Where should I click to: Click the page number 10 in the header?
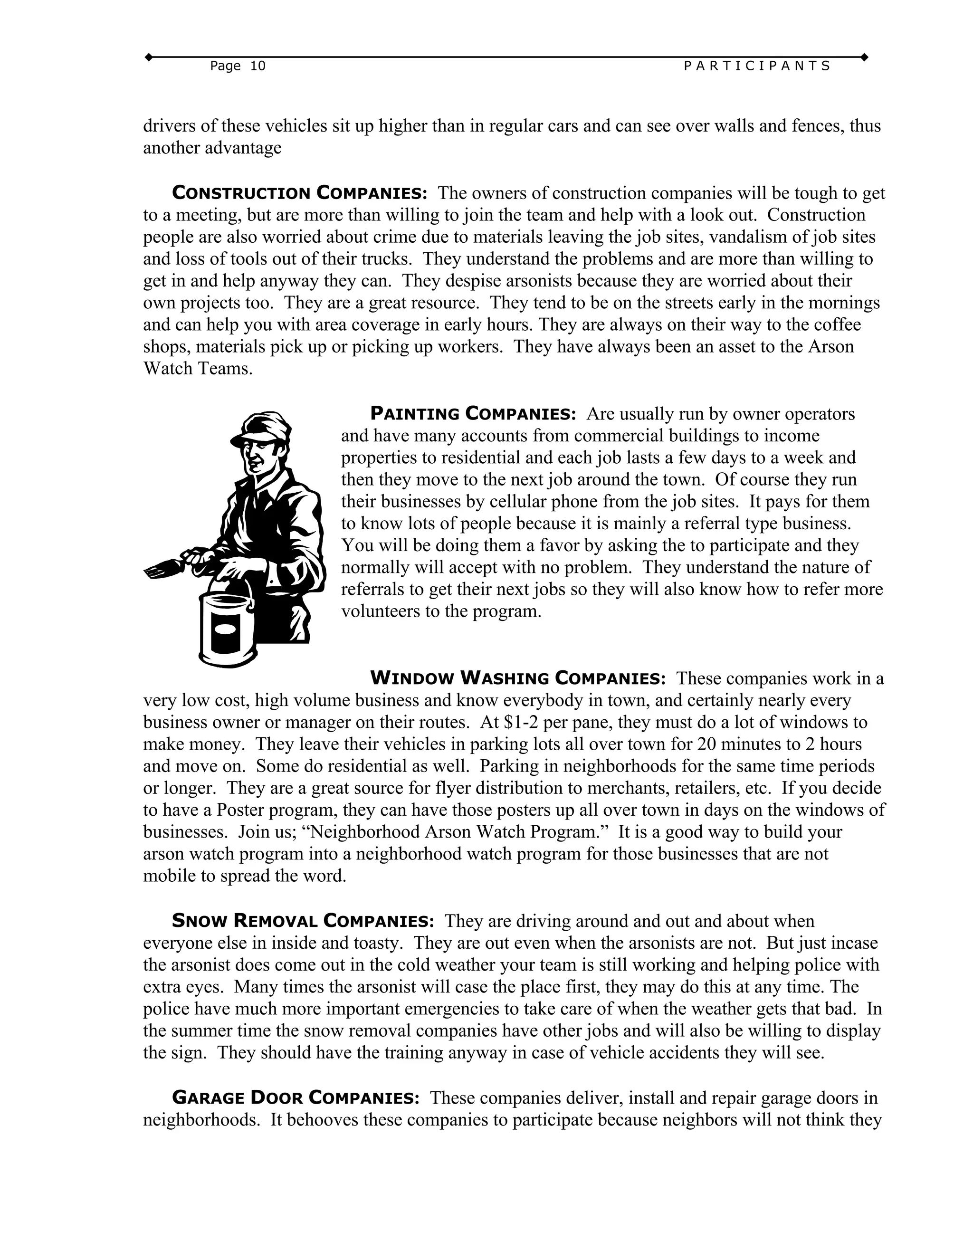pos(258,67)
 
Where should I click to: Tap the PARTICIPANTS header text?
pos(757,67)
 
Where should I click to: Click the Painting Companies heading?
pos(472,414)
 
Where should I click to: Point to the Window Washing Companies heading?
pos(517,678)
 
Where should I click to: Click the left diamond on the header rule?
pos(148,57)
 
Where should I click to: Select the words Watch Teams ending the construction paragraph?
pos(198,369)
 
